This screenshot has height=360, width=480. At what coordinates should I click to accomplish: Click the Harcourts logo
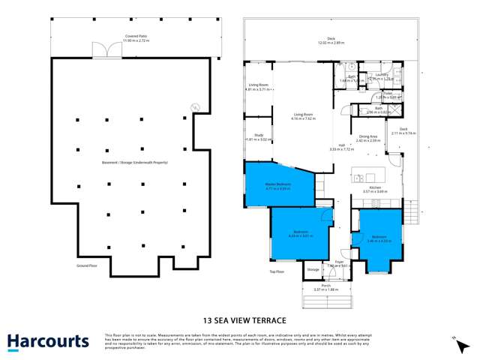pos(48,342)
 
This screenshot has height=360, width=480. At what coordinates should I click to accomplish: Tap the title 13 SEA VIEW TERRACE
pos(240,318)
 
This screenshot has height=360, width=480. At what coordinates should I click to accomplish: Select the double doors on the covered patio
pos(101,50)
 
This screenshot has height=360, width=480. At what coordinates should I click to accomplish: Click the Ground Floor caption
pos(88,265)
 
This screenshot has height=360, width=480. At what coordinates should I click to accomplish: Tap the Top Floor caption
pos(277,271)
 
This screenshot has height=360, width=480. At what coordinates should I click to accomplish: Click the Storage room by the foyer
pos(313,268)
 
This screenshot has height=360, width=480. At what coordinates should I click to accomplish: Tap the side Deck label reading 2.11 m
pos(403,130)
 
